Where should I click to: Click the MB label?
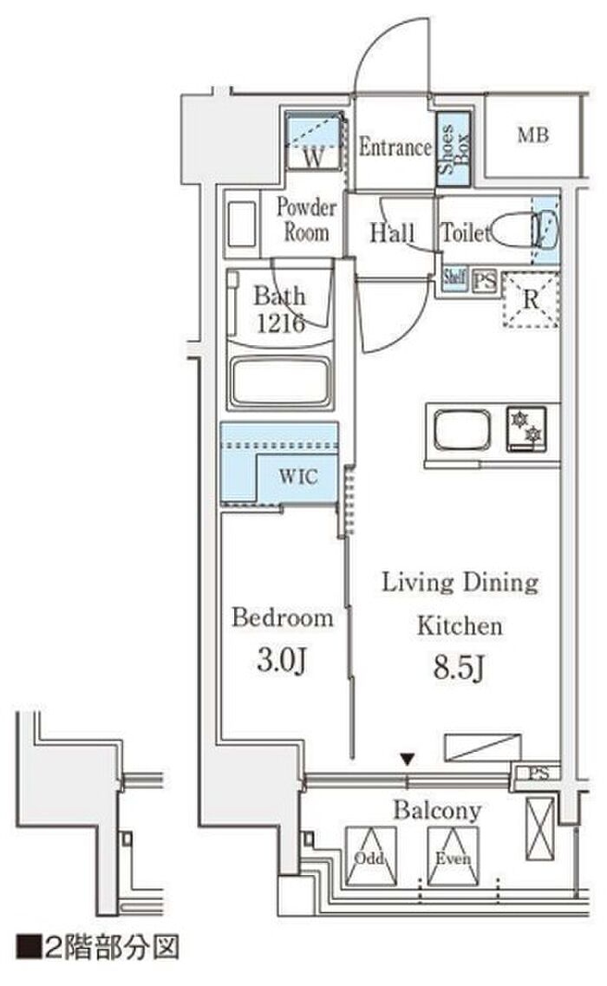(x=532, y=134)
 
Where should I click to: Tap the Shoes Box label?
(x=454, y=149)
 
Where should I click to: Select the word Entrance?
(x=395, y=147)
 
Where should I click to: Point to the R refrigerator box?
(x=531, y=299)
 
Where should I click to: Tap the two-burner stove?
(x=526, y=429)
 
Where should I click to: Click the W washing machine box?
(x=314, y=140)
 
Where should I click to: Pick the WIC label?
(x=298, y=476)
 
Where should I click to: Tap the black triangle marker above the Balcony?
(x=408, y=761)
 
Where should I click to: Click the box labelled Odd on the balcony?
(x=370, y=857)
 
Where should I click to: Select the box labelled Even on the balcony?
(x=453, y=857)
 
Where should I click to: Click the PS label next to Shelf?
(x=484, y=280)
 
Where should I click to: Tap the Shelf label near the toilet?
(x=454, y=278)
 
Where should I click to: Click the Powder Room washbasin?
(x=242, y=224)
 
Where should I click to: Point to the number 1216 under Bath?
(x=281, y=323)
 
